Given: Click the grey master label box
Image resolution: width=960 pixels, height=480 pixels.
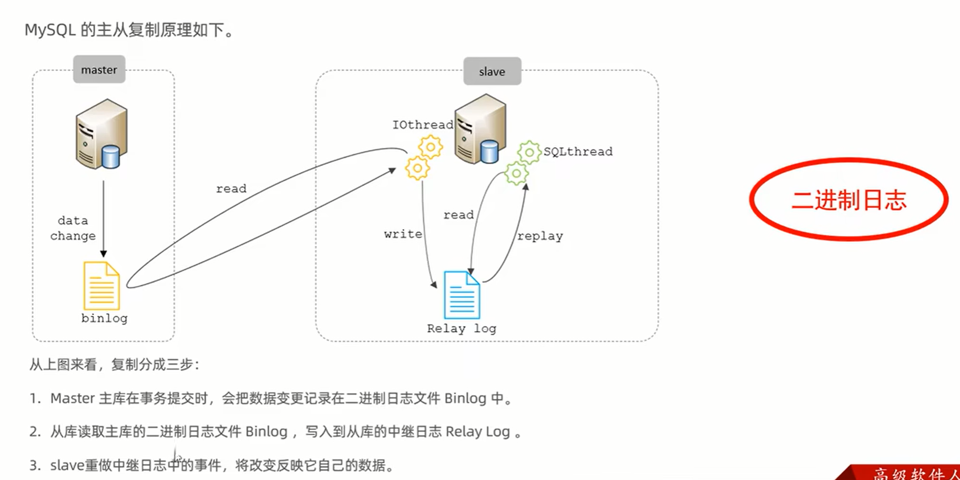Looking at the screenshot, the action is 99,69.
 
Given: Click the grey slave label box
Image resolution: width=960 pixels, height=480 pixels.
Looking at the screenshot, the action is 492,71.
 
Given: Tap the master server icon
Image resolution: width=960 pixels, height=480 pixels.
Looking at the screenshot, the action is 101,134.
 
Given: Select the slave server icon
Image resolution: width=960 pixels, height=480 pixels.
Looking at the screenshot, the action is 481,129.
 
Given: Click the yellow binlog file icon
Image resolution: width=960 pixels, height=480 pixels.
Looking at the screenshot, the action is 101,286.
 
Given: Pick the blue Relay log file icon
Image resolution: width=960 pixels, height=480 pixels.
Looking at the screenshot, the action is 462,295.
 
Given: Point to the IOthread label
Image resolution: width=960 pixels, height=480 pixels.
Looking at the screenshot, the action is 423,125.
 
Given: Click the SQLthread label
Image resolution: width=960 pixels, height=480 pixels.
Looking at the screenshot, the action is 578,152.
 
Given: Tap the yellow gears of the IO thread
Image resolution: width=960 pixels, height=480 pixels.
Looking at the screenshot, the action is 424,157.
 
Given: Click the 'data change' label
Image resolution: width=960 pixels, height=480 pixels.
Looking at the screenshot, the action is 73,228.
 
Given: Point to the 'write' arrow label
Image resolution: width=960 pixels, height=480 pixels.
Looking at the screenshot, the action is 403,234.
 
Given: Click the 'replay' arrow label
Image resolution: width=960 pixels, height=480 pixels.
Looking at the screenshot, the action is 540,236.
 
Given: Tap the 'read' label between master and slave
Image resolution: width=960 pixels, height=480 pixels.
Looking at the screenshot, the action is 231,188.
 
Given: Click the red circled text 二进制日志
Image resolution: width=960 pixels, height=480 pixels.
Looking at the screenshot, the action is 849,200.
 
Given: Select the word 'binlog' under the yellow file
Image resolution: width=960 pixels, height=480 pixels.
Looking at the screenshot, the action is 104,318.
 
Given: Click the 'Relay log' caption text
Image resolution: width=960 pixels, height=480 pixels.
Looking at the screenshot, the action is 462,328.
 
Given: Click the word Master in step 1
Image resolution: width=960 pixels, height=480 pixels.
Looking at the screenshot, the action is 73,398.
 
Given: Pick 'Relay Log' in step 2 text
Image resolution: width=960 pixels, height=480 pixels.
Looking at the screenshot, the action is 478,432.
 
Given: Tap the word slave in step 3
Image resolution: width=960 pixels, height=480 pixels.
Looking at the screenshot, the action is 67,465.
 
